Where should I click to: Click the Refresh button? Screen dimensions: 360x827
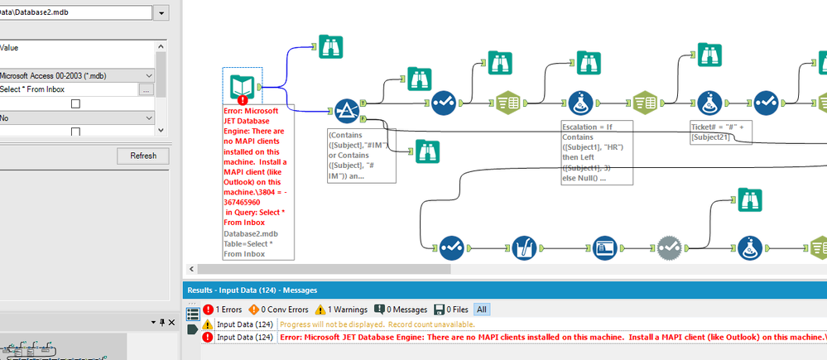click(x=143, y=156)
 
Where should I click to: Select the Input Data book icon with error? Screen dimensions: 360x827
click(x=243, y=86)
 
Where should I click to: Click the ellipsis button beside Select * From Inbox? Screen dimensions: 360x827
click(x=147, y=89)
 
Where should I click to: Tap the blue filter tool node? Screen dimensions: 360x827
click(x=345, y=111)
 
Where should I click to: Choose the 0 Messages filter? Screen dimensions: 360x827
click(x=401, y=309)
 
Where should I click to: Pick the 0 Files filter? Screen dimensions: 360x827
click(x=453, y=309)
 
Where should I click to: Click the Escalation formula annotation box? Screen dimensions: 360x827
click(x=597, y=153)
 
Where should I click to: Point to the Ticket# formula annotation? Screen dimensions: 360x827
click(x=719, y=132)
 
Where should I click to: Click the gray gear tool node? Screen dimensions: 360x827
click(x=670, y=246)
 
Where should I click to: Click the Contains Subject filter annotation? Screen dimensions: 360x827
click(x=363, y=155)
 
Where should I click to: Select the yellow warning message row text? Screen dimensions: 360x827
click(x=381, y=324)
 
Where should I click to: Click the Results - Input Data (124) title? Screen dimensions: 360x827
click(x=257, y=290)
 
